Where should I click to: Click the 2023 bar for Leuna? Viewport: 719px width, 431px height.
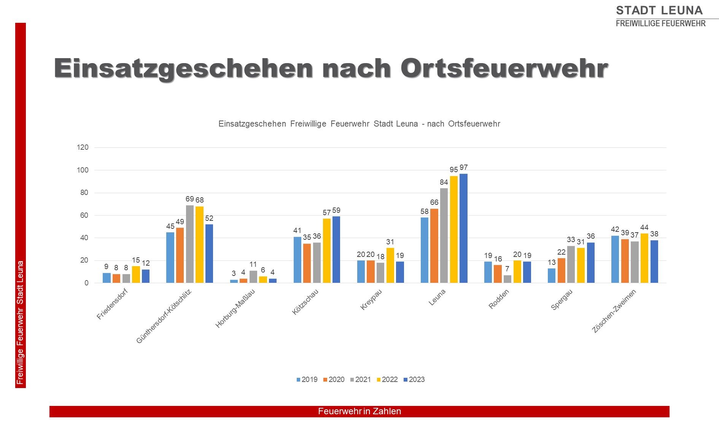point(463,228)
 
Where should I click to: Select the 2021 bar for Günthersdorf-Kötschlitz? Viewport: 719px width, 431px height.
point(190,244)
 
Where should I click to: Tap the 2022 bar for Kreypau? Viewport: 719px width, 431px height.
point(390,265)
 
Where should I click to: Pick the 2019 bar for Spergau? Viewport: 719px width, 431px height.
point(552,276)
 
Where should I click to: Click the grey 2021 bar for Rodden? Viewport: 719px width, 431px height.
point(507,279)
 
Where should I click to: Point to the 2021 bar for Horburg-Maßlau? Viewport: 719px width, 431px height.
point(253,277)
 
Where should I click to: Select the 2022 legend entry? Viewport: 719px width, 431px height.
point(387,380)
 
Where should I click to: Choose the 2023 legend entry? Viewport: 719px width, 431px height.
point(414,380)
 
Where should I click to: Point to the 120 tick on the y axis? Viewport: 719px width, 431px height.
point(83,147)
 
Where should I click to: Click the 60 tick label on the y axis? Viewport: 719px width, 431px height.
point(84,215)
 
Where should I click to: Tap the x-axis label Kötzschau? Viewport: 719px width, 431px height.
point(305,302)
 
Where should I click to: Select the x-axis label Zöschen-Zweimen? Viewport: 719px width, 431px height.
point(614,311)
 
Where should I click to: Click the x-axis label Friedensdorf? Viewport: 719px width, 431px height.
point(112,304)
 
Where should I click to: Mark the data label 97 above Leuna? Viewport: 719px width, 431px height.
point(463,168)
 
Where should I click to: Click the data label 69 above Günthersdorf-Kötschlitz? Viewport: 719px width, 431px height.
point(189,199)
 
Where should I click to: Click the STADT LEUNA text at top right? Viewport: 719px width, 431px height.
point(659,10)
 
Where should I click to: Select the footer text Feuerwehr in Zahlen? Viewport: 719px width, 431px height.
point(359,412)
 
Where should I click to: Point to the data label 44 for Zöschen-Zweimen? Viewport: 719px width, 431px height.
point(644,228)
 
